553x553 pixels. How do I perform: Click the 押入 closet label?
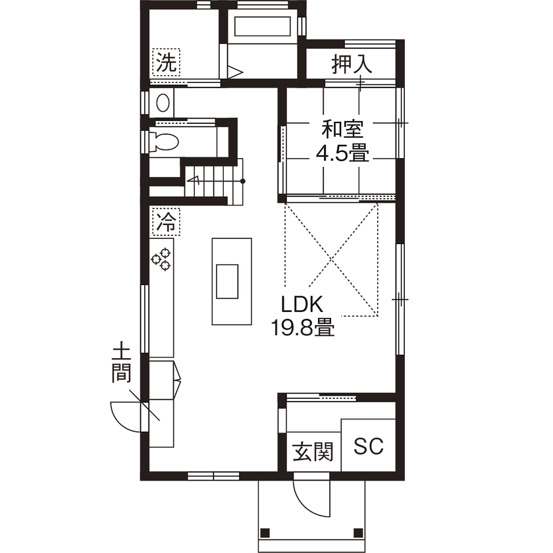click(352, 64)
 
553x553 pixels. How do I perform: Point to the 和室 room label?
click(342, 127)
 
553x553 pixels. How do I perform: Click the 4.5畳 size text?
click(342, 154)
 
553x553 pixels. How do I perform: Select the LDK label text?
click(302, 305)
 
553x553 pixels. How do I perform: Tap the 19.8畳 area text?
click(303, 327)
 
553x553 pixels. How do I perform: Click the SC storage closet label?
click(369, 447)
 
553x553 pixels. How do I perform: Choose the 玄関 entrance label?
click(313, 452)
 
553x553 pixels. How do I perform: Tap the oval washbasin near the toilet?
click(163, 103)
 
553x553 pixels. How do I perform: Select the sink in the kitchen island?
click(228, 281)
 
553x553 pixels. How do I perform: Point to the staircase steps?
click(215, 177)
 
